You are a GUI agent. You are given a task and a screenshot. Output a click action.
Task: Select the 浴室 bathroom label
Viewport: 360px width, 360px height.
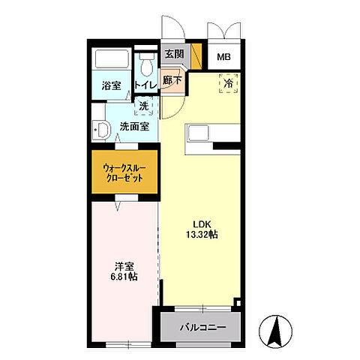[x=112, y=85]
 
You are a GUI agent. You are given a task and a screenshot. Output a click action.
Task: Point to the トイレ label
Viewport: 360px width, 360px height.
[x=145, y=85]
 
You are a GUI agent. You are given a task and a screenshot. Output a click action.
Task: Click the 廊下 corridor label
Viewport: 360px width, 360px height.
[x=172, y=79]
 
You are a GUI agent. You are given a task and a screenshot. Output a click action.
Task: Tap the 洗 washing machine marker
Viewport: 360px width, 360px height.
[x=143, y=106]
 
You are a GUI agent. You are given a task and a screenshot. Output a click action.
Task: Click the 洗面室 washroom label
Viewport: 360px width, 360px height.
[x=138, y=126]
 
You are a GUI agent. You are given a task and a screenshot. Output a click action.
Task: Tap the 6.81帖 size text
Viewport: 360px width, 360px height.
[x=123, y=277]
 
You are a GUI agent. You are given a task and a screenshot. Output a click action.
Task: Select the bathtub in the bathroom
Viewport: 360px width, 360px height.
[x=112, y=61]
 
